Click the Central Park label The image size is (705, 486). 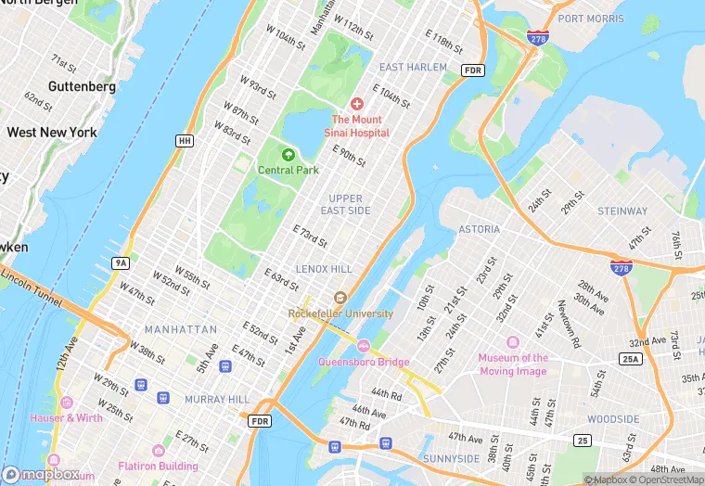click(x=288, y=170)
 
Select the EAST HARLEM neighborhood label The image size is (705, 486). click(x=413, y=68)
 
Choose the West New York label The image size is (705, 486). click(x=52, y=133)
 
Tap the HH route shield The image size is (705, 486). click(x=184, y=141)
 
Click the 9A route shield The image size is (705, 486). click(x=121, y=263)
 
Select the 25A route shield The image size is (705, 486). click(x=632, y=358)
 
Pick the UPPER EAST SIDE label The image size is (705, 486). click(x=346, y=205)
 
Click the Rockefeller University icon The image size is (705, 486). click(x=340, y=298)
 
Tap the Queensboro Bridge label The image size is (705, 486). click(x=363, y=362)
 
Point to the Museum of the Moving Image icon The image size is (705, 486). click(x=489, y=358)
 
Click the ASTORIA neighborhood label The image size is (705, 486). click(x=479, y=229)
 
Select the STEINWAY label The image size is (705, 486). click(x=622, y=211)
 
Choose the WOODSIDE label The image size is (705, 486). click(x=613, y=419)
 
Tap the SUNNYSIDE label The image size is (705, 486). click(x=450, y=458)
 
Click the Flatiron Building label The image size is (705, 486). click(x=158, y=467)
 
